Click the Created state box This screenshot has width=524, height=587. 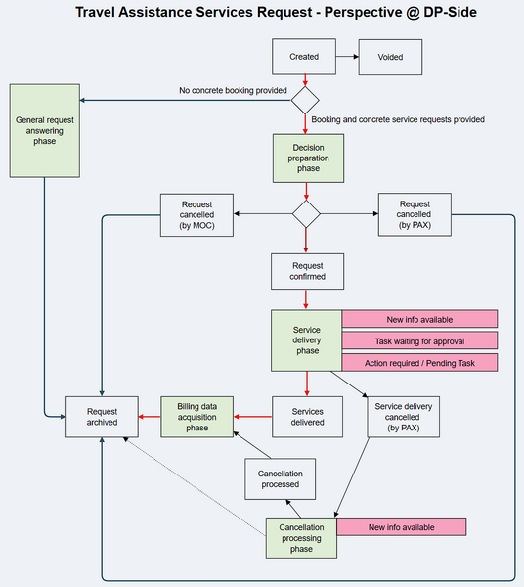[x=305, y=57]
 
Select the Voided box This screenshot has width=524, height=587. [x=391, y=57]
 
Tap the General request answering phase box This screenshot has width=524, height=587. [x=44, y=130]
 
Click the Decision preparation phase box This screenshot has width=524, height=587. [x=307, y=158]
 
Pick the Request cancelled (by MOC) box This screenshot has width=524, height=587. [x=198, y=213]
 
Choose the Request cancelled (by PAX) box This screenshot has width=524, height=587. [x=415, y=213]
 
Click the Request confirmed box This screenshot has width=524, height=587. [x=307, y=271]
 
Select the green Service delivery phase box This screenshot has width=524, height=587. [x=307, y=340]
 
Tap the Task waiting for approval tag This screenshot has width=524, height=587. [x=419, y=340]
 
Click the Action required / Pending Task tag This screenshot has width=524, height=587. [x=419, y=362]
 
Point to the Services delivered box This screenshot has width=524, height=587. [x=307, y=416]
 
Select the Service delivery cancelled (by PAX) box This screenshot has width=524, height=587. [x=403, y=416]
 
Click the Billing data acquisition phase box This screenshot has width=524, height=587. [x=198, y=416]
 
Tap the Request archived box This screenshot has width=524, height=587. [x=102, y=416]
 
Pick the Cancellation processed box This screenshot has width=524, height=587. [x=280, y=479]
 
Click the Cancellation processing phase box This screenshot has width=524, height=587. [x=301, y=538]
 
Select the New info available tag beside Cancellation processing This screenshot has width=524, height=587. [x=401, y=527]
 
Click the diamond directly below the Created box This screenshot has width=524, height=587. [x=307, y=100]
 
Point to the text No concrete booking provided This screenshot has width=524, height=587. [x=233, y=91]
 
